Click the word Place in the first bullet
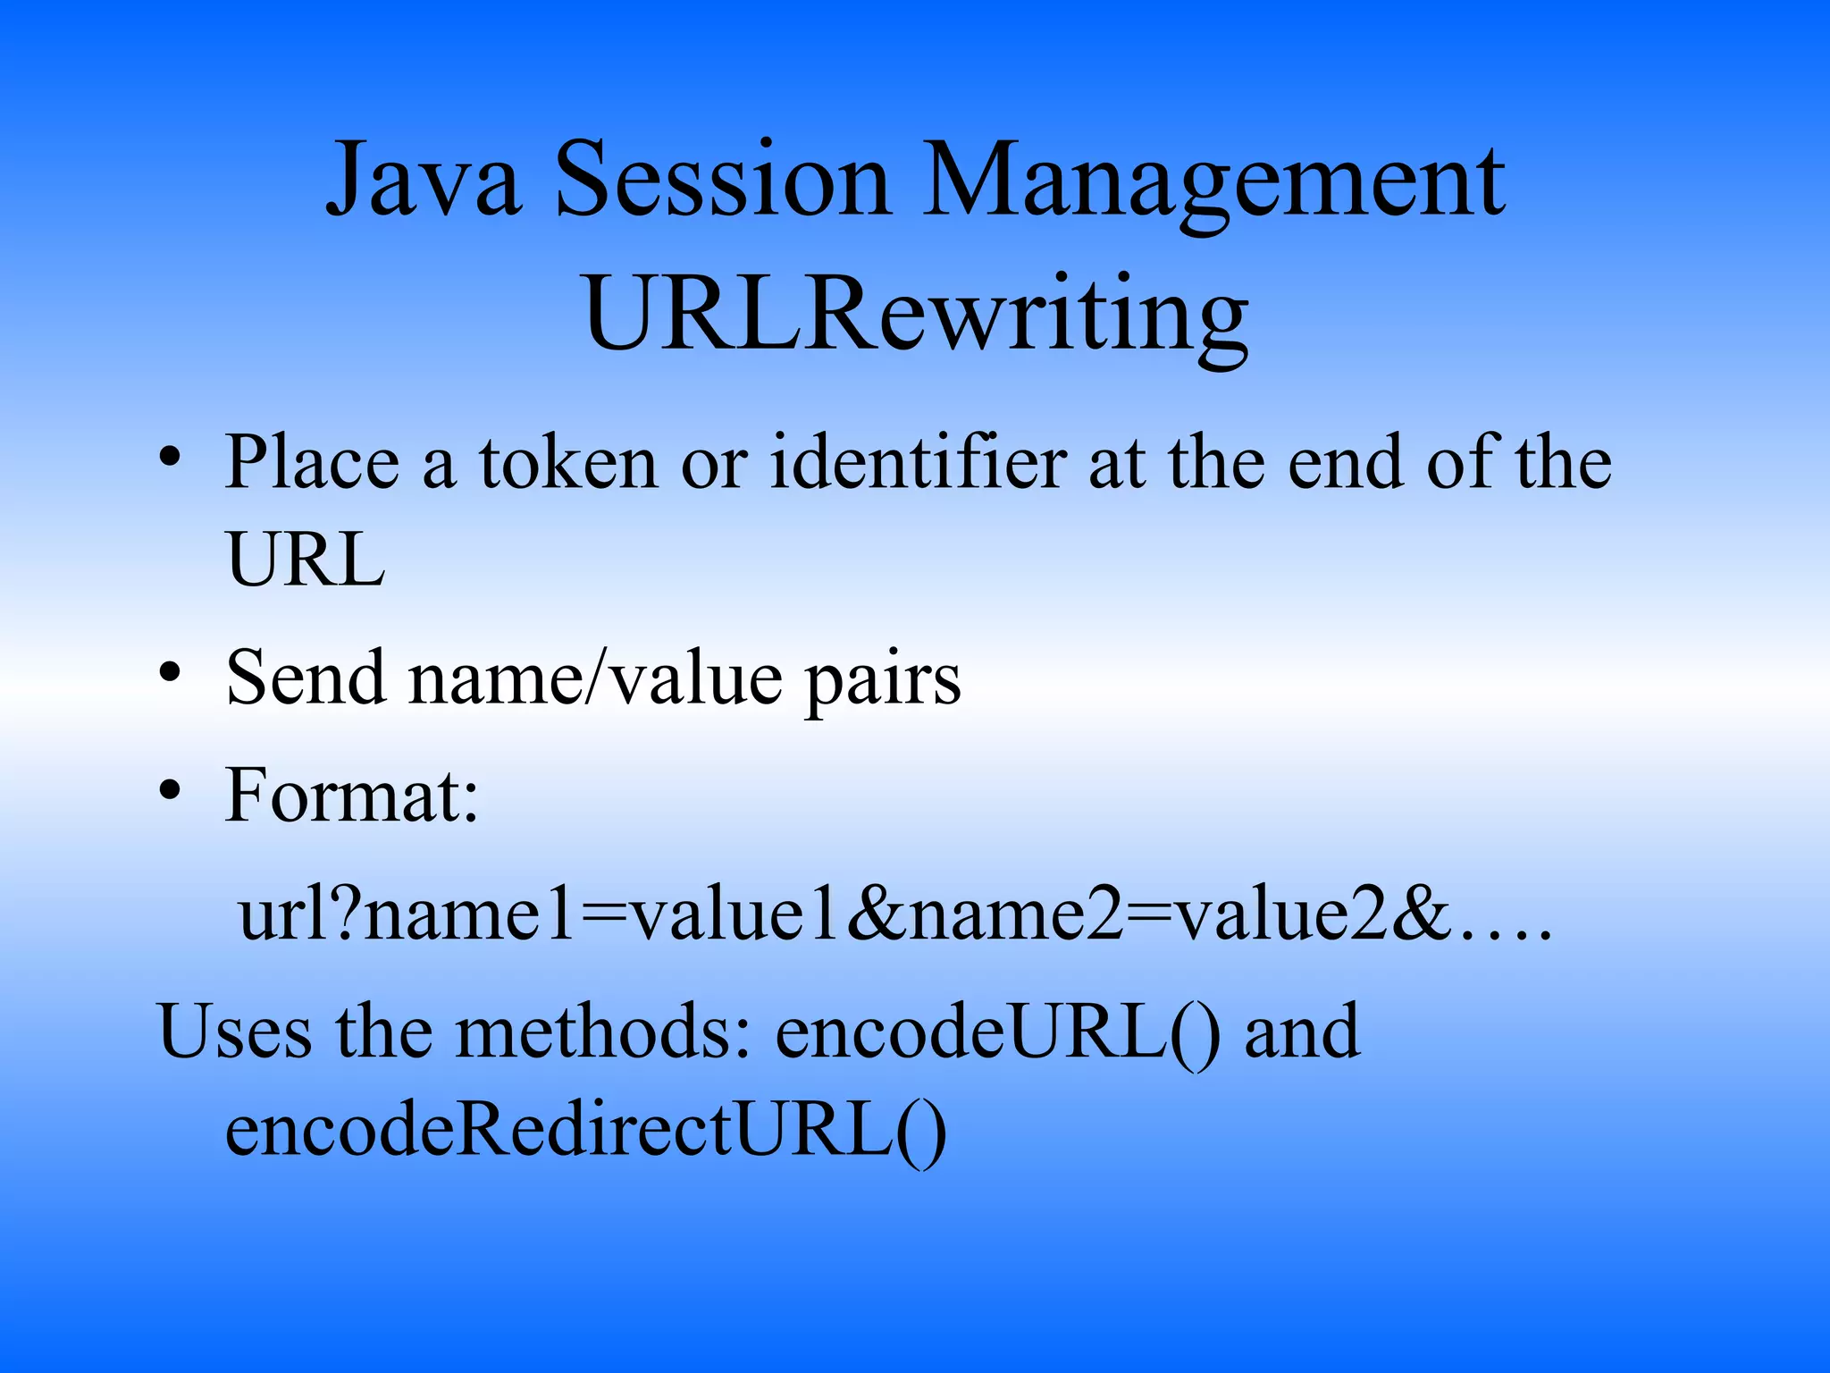point(312,462)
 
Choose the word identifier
point(918,462)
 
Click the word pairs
point(883,681)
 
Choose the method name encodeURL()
point(997,1032)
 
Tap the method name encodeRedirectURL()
point(585,1131)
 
